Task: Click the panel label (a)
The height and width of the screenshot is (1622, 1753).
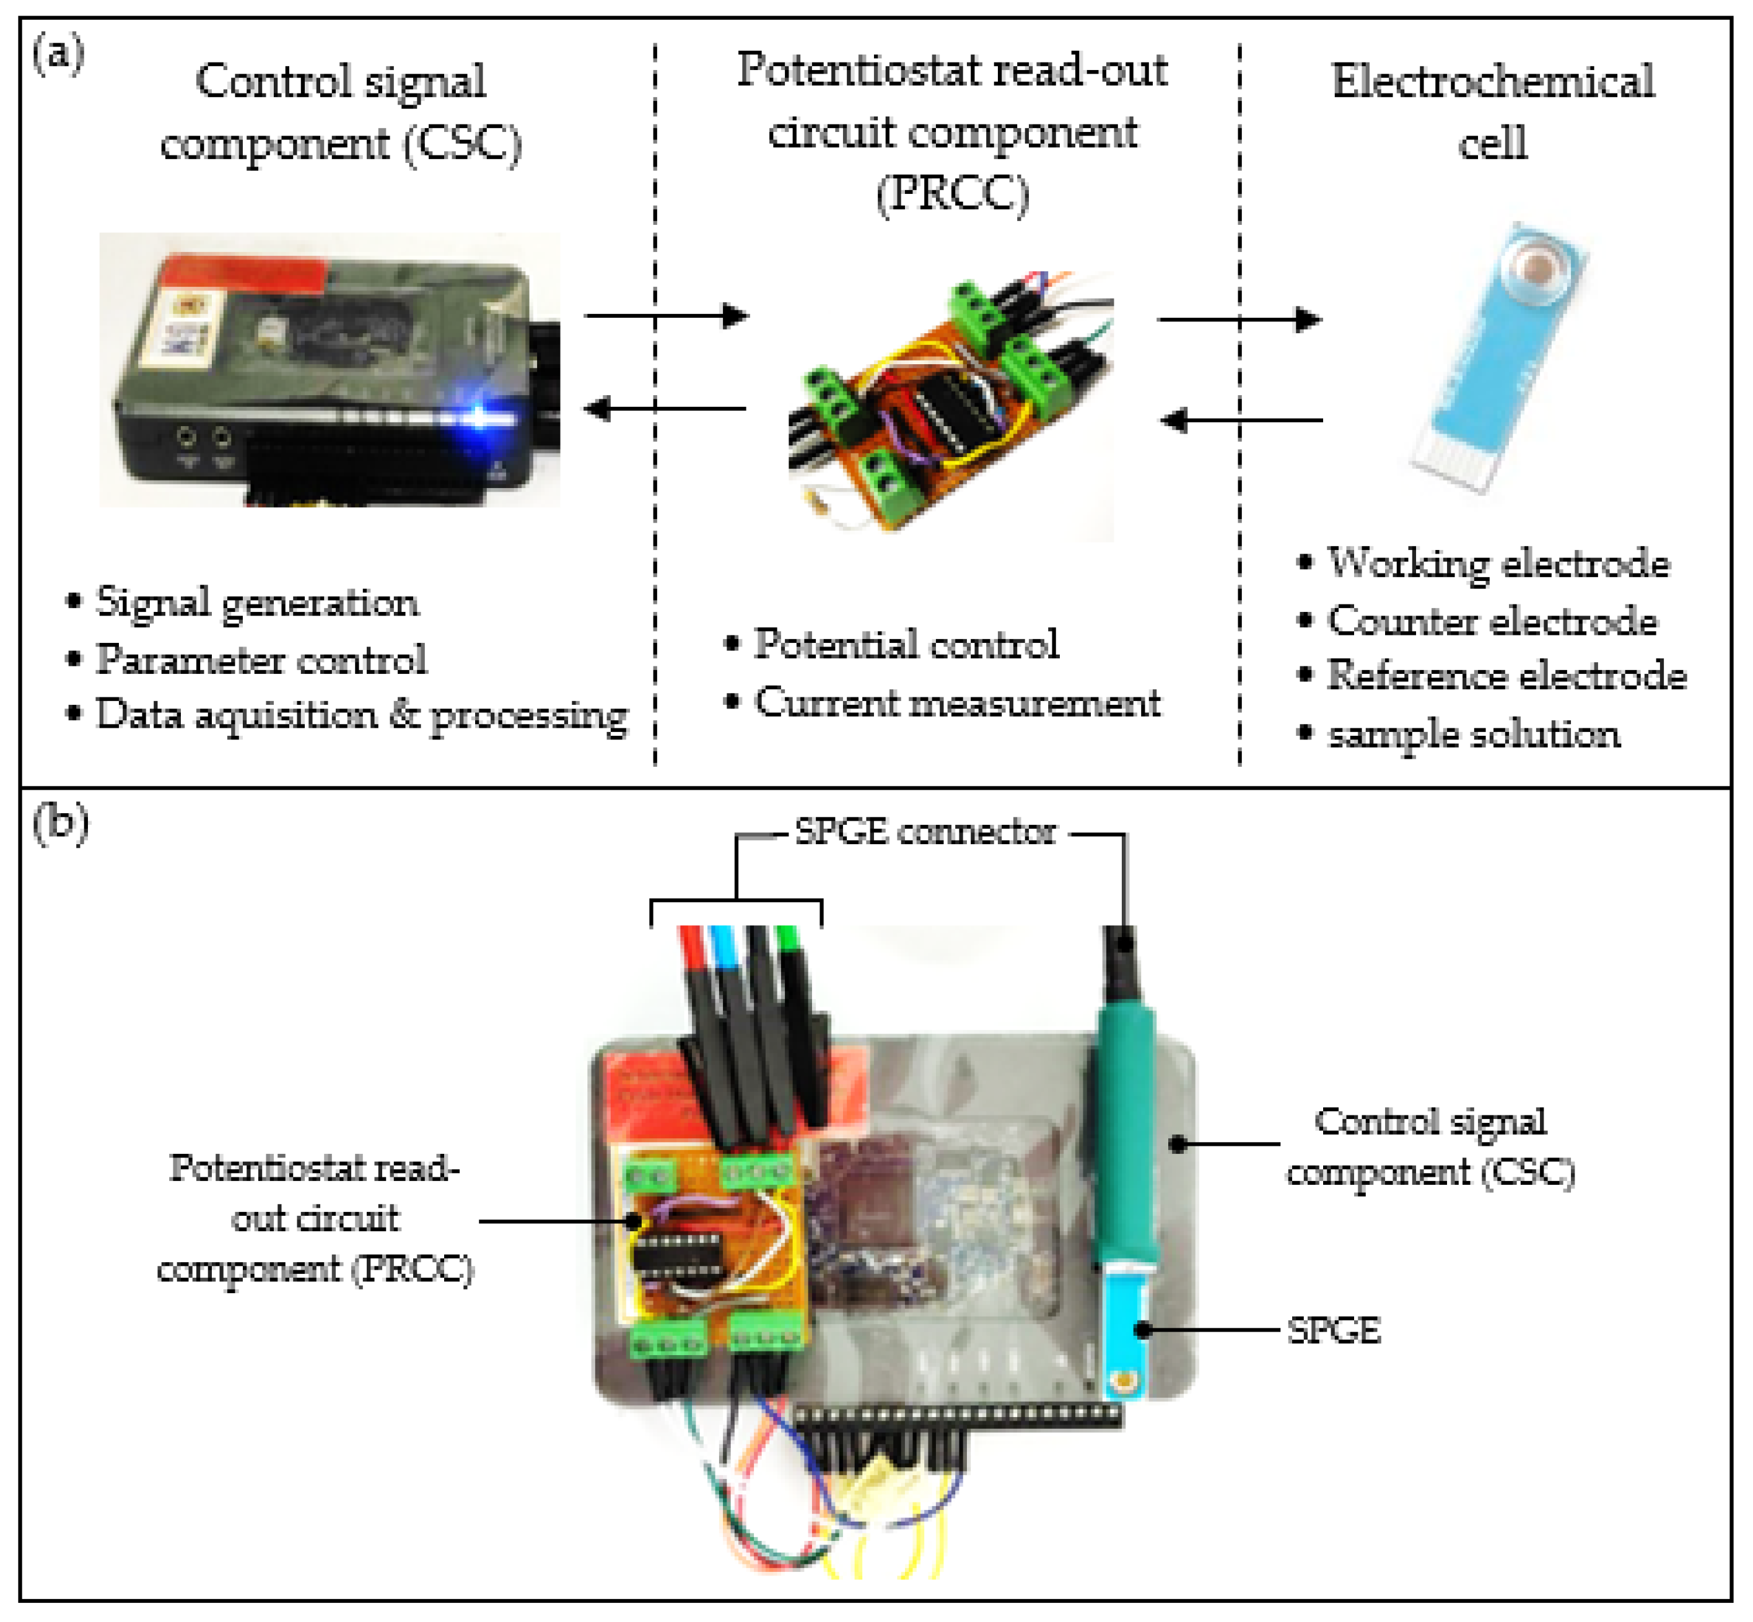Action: (58, 55)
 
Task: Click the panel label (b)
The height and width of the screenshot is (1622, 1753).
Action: (59, 824)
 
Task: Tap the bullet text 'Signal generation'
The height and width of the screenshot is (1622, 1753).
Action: (256, 603)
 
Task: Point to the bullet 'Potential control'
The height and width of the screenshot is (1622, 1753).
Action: (906, 644)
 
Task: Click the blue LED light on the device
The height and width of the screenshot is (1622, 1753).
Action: (481, 417)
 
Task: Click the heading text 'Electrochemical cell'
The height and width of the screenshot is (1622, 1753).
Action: (1492, 111)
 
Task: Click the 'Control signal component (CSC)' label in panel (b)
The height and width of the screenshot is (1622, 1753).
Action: (1430, 1146)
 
